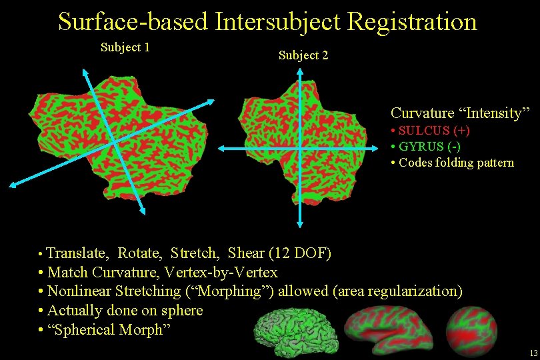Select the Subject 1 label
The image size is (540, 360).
tap(125, 47)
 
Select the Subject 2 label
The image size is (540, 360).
tap(303, 55)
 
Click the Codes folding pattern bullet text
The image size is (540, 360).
tap(455, 163)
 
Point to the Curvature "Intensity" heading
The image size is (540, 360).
tap(460, 113)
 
